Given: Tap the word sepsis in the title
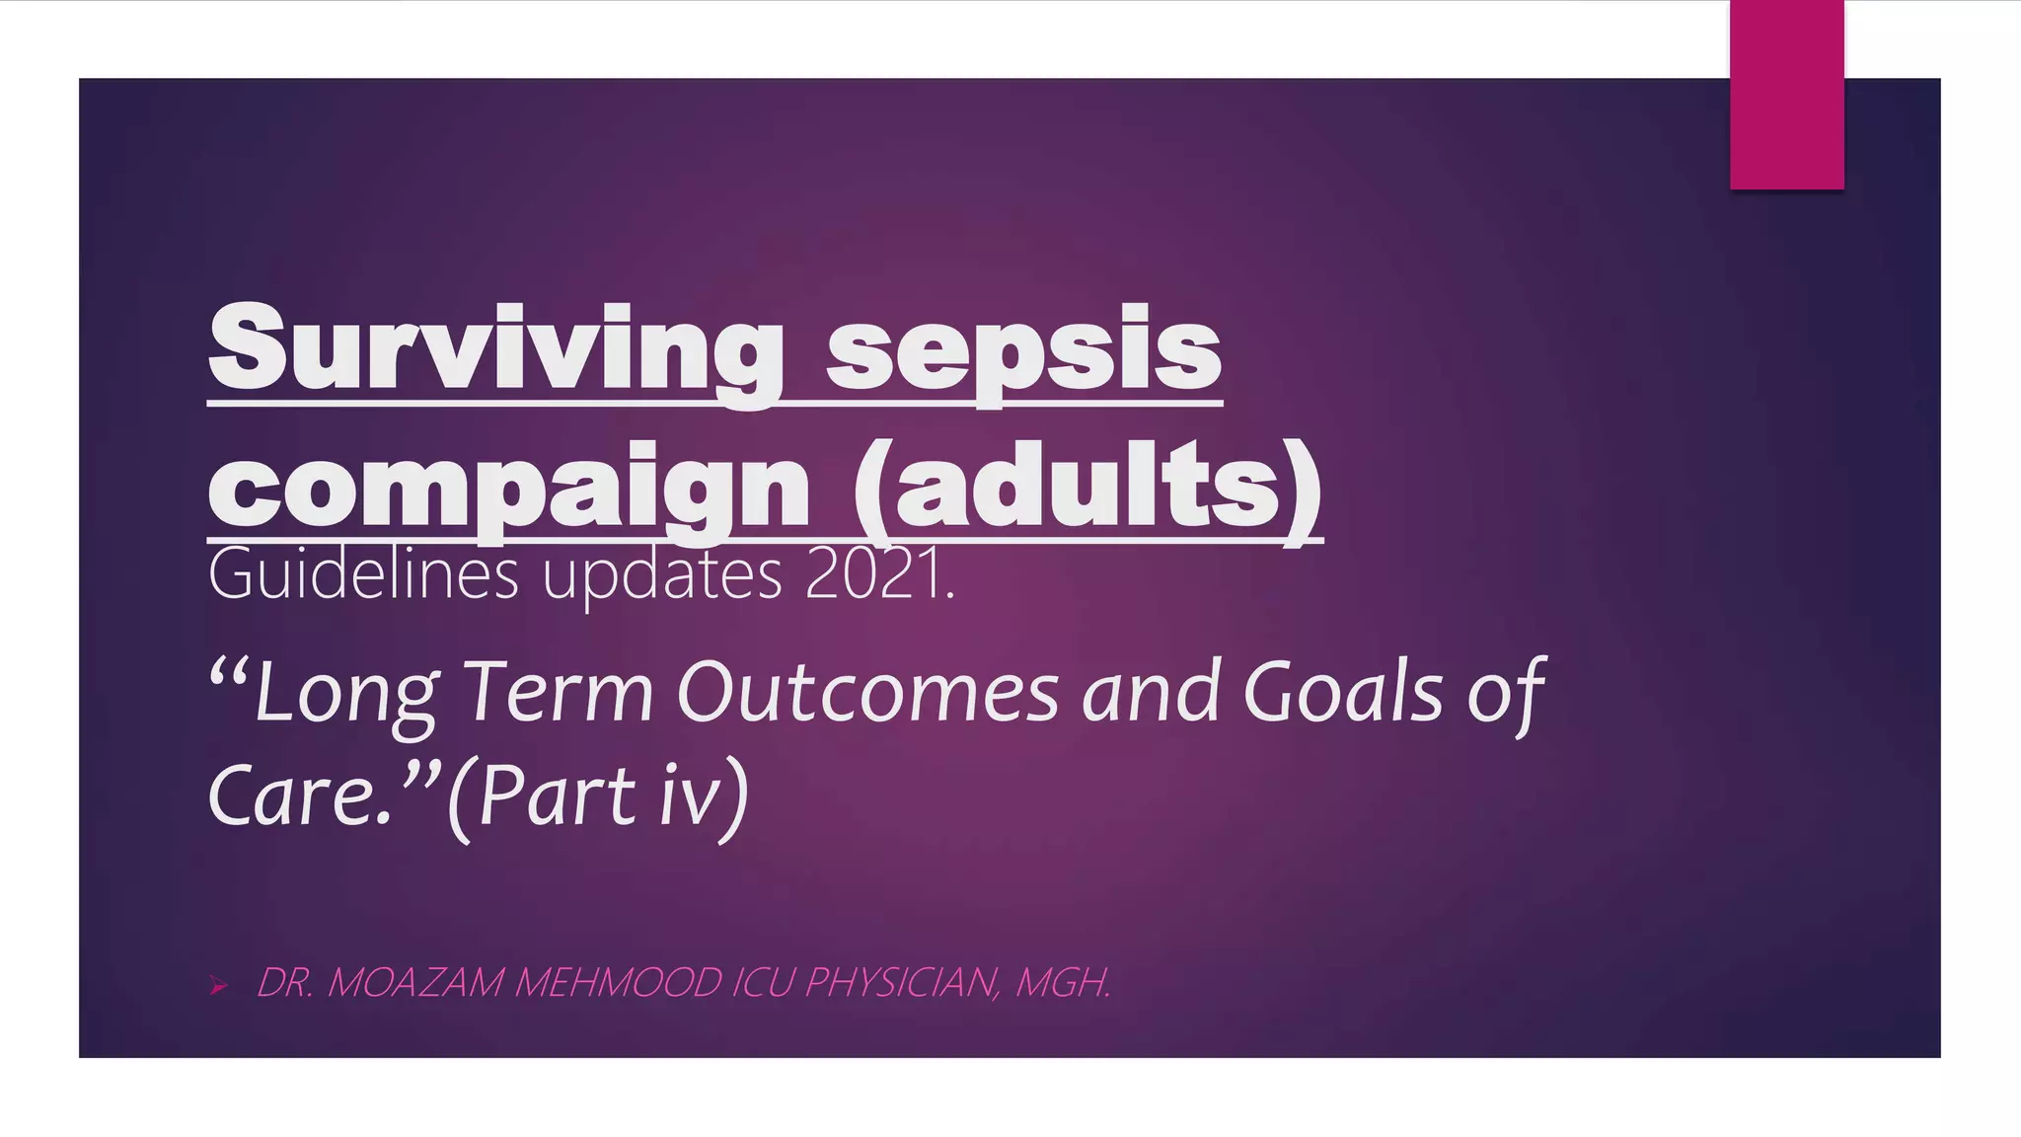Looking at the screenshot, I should tap(1023, 350).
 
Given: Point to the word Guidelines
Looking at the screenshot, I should tap(362, 575).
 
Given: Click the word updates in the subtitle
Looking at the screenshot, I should tap(662, 575).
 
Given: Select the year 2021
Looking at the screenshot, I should tap(876, 575).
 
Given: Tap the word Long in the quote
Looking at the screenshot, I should tap(345, 694).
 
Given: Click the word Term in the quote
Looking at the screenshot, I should tap(559, 694).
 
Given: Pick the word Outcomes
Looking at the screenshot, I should tap(867, 694).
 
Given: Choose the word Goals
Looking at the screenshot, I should tap(1343, 694).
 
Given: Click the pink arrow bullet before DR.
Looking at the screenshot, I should tap(219, 985).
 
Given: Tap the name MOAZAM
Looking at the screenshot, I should tap(414, 983).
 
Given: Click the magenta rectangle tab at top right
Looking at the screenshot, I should tap(1786, 95).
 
